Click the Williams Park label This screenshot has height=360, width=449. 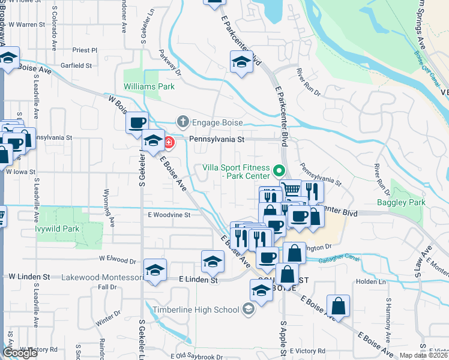(149, 86)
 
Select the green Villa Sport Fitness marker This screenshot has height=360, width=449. (278, 171)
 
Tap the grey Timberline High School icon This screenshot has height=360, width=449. (247, 309)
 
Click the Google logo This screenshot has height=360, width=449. (20, 353)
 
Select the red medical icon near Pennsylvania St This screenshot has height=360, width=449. (169, 143)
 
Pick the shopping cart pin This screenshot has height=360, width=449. (291, 190)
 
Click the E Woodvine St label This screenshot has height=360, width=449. (169, 214)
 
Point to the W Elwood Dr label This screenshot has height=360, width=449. (118, 260)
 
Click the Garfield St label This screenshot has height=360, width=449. (76, 65)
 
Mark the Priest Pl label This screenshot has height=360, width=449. (84, 50)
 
